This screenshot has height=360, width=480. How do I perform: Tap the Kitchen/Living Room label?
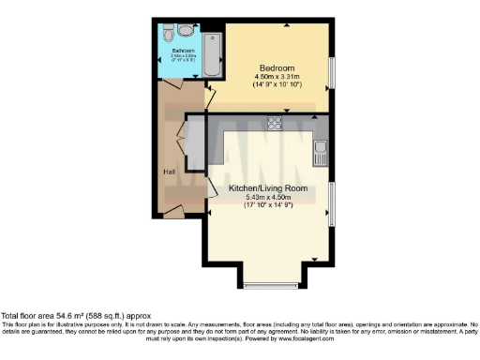coord(270,188)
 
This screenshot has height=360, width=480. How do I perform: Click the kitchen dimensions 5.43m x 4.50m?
coord(270,197)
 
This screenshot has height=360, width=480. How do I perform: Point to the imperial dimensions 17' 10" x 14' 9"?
coord(270,205)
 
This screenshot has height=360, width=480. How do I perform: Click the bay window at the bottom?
coord(270,284)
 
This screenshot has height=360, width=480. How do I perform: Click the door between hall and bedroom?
coord(210,93)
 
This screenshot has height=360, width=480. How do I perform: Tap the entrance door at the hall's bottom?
coord(172,213)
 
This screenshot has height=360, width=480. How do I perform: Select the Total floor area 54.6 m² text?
coord(75,317)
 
